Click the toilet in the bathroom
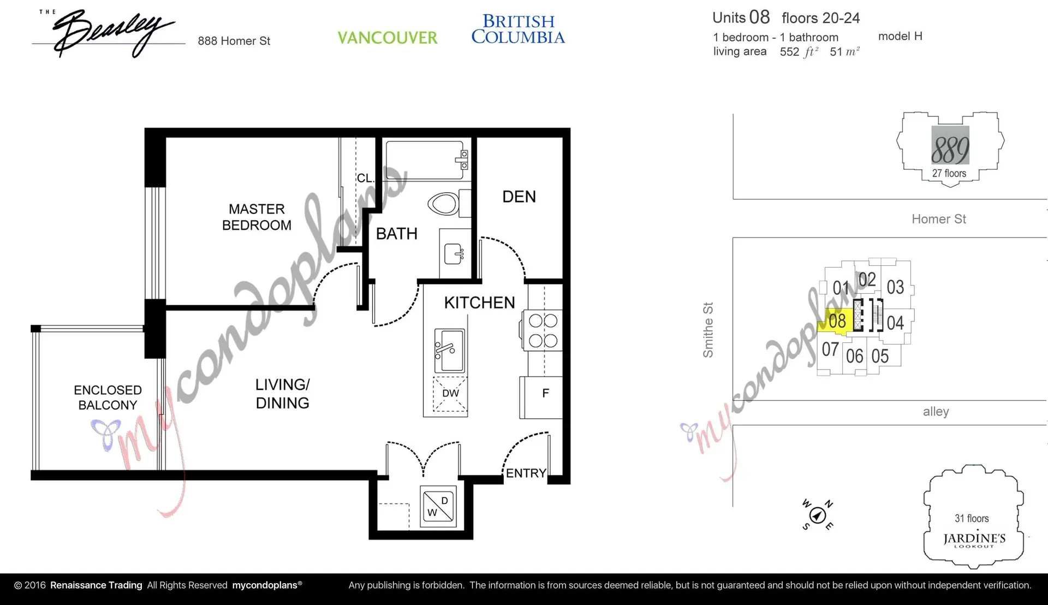(444, 204)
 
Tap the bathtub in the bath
(425, 160)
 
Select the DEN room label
(519, 197)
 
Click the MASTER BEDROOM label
(257, 217)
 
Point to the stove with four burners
(543, 331)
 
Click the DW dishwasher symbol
(450, 393)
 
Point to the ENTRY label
(526, 473)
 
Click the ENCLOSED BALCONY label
(108, 398)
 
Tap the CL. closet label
(365, 178)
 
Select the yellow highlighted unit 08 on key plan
(836, 321)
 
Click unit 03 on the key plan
(895, 287)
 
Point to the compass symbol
(817, 515)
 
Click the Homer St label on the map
(938, 219)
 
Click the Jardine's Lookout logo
(974, 539)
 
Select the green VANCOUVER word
(387, 38)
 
